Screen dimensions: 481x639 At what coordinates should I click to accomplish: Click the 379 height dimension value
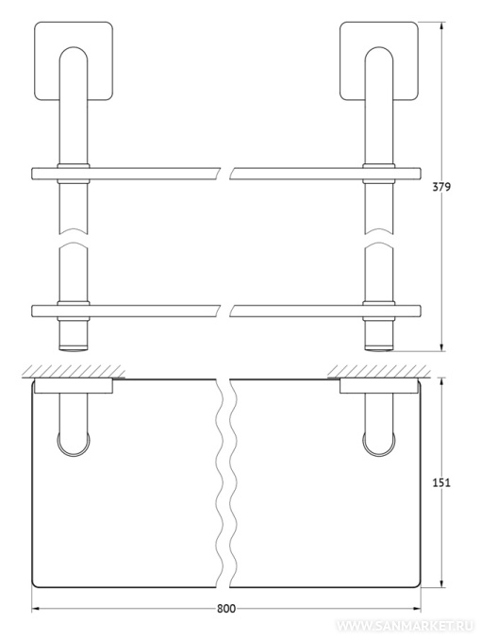click(x=441, y=187)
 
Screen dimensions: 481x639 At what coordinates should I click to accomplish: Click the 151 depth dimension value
click(x=441, y=482)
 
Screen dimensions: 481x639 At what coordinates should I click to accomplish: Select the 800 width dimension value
click(x=226, y=609)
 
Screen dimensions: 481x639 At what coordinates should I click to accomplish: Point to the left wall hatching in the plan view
click(x=74, y=371)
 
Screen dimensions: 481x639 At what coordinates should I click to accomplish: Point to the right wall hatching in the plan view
click(x=379, y=371)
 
